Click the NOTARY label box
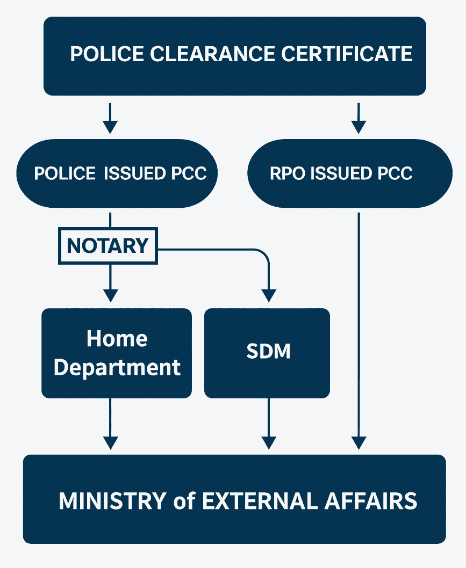(x=107, y=246)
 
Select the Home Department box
(x=117, y=353)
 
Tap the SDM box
(x=267, y=353)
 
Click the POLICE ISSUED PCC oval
(x=117, y=173)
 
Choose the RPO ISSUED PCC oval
(x=349, y=173)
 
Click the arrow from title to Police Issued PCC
(x=110, y=118)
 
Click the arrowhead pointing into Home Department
(x=110, y=295)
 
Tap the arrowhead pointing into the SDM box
(x=268, y=295)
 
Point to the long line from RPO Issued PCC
(x=359, y=322)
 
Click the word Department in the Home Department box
(x=117, y=368)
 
